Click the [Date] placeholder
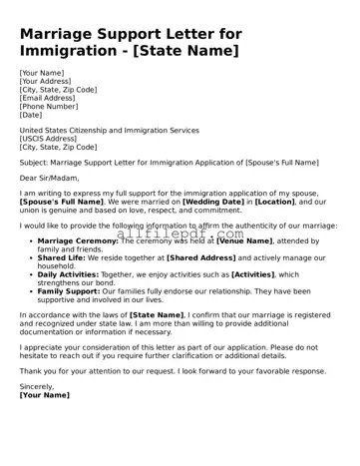point(32,114)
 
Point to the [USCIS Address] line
point(50,139)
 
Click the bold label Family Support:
point(72,290)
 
